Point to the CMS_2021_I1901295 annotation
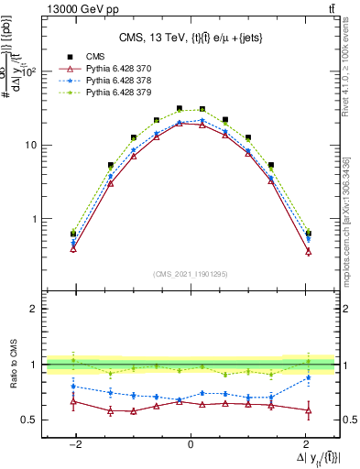191,274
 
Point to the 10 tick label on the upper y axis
31,146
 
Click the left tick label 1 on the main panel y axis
34,220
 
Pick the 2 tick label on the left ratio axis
34,309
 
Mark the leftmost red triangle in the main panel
73,248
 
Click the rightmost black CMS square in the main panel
308,233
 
